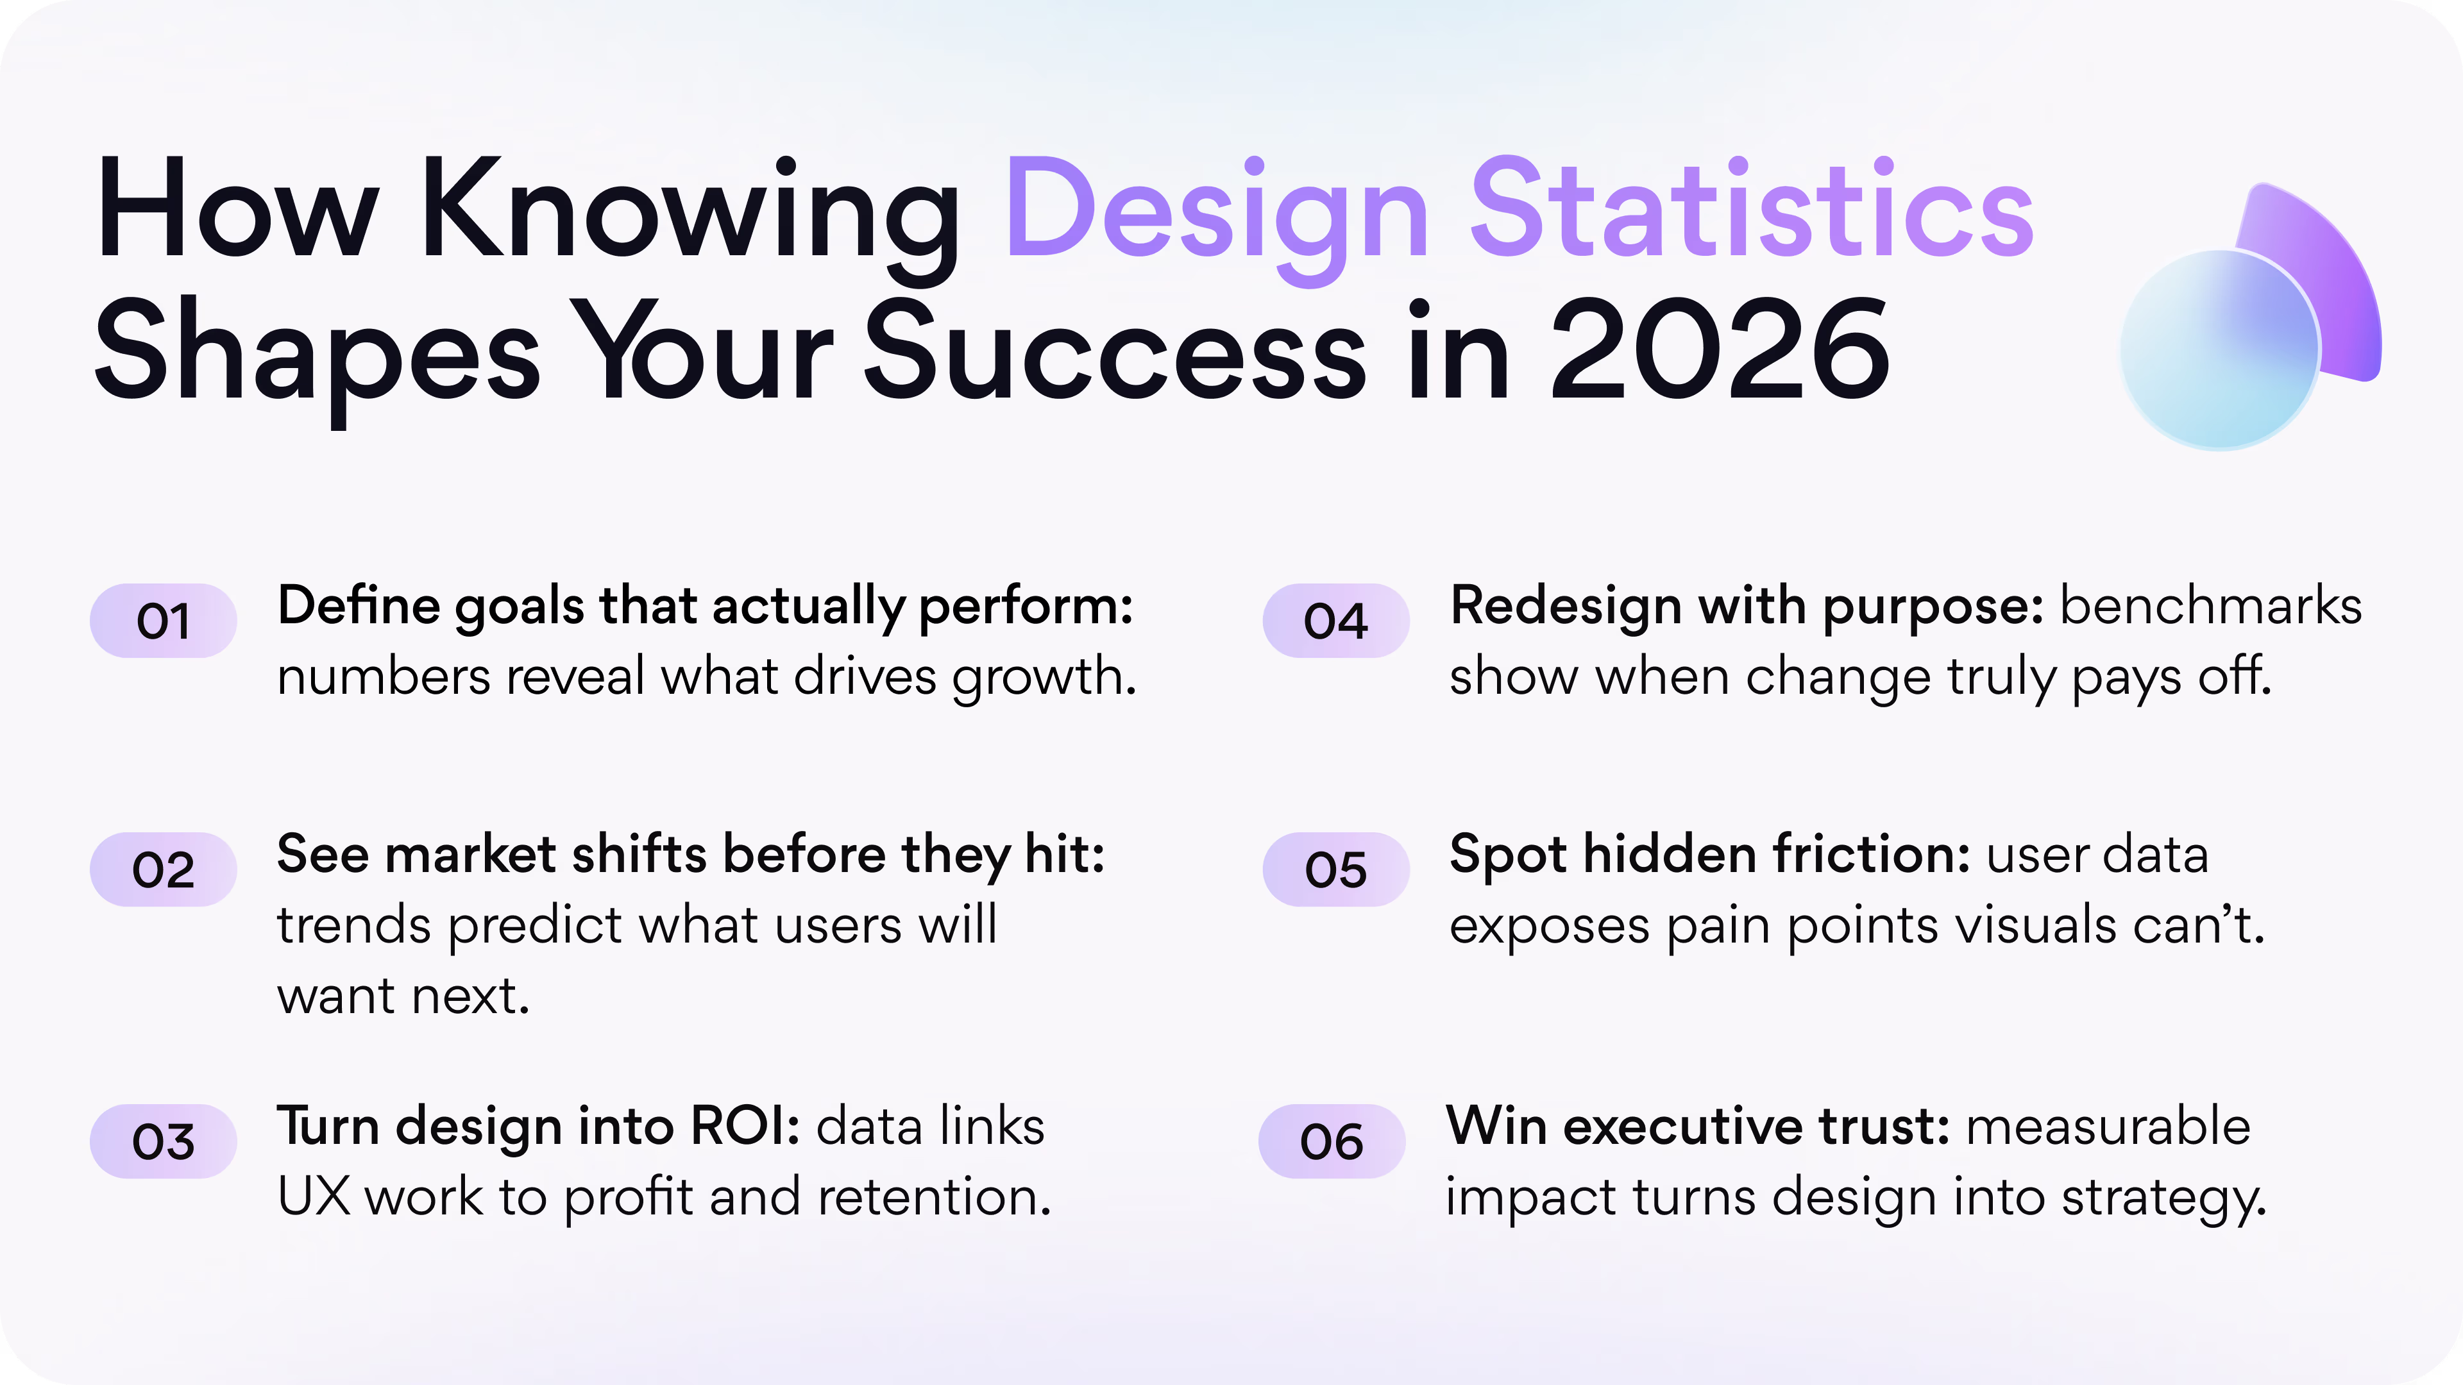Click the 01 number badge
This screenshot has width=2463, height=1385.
(162, 621)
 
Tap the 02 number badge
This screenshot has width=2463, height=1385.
(162, 870)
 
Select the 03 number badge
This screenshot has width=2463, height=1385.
(162, 1141)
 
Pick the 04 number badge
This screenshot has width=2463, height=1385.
(1335, 621)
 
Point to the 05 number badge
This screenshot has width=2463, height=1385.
(1335, 870)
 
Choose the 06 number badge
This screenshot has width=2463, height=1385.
(1331, 1141)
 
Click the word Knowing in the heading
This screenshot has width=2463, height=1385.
(688, 212)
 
